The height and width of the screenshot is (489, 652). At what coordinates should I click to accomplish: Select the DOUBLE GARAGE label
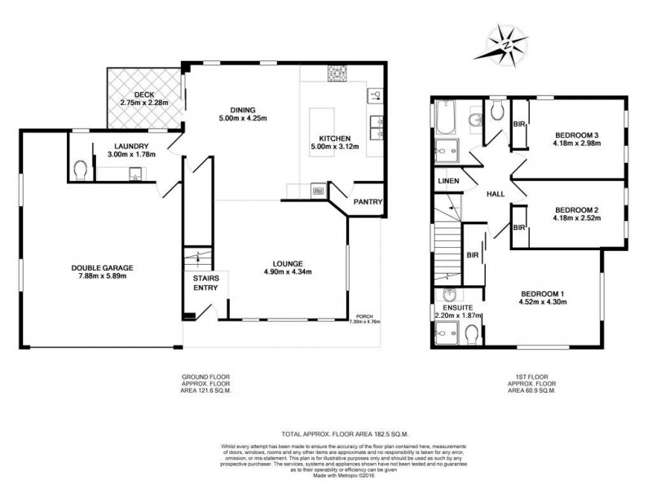[x=102, y=267]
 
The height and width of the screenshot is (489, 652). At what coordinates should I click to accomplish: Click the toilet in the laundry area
[x=80, y=170]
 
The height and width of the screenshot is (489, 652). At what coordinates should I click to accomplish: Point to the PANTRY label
[x=368, y=203]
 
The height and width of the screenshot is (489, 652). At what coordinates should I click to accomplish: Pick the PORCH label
[x=363, y=318]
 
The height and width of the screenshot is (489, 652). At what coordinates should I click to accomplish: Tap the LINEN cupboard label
[x=448, y=181]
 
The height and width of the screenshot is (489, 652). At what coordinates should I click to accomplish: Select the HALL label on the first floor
[x=495, y=195]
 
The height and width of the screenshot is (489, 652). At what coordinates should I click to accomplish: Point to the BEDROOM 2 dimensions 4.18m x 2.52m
[x=577, y=217]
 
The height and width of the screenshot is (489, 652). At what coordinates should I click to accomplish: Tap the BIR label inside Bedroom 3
[x=518, y=124]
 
